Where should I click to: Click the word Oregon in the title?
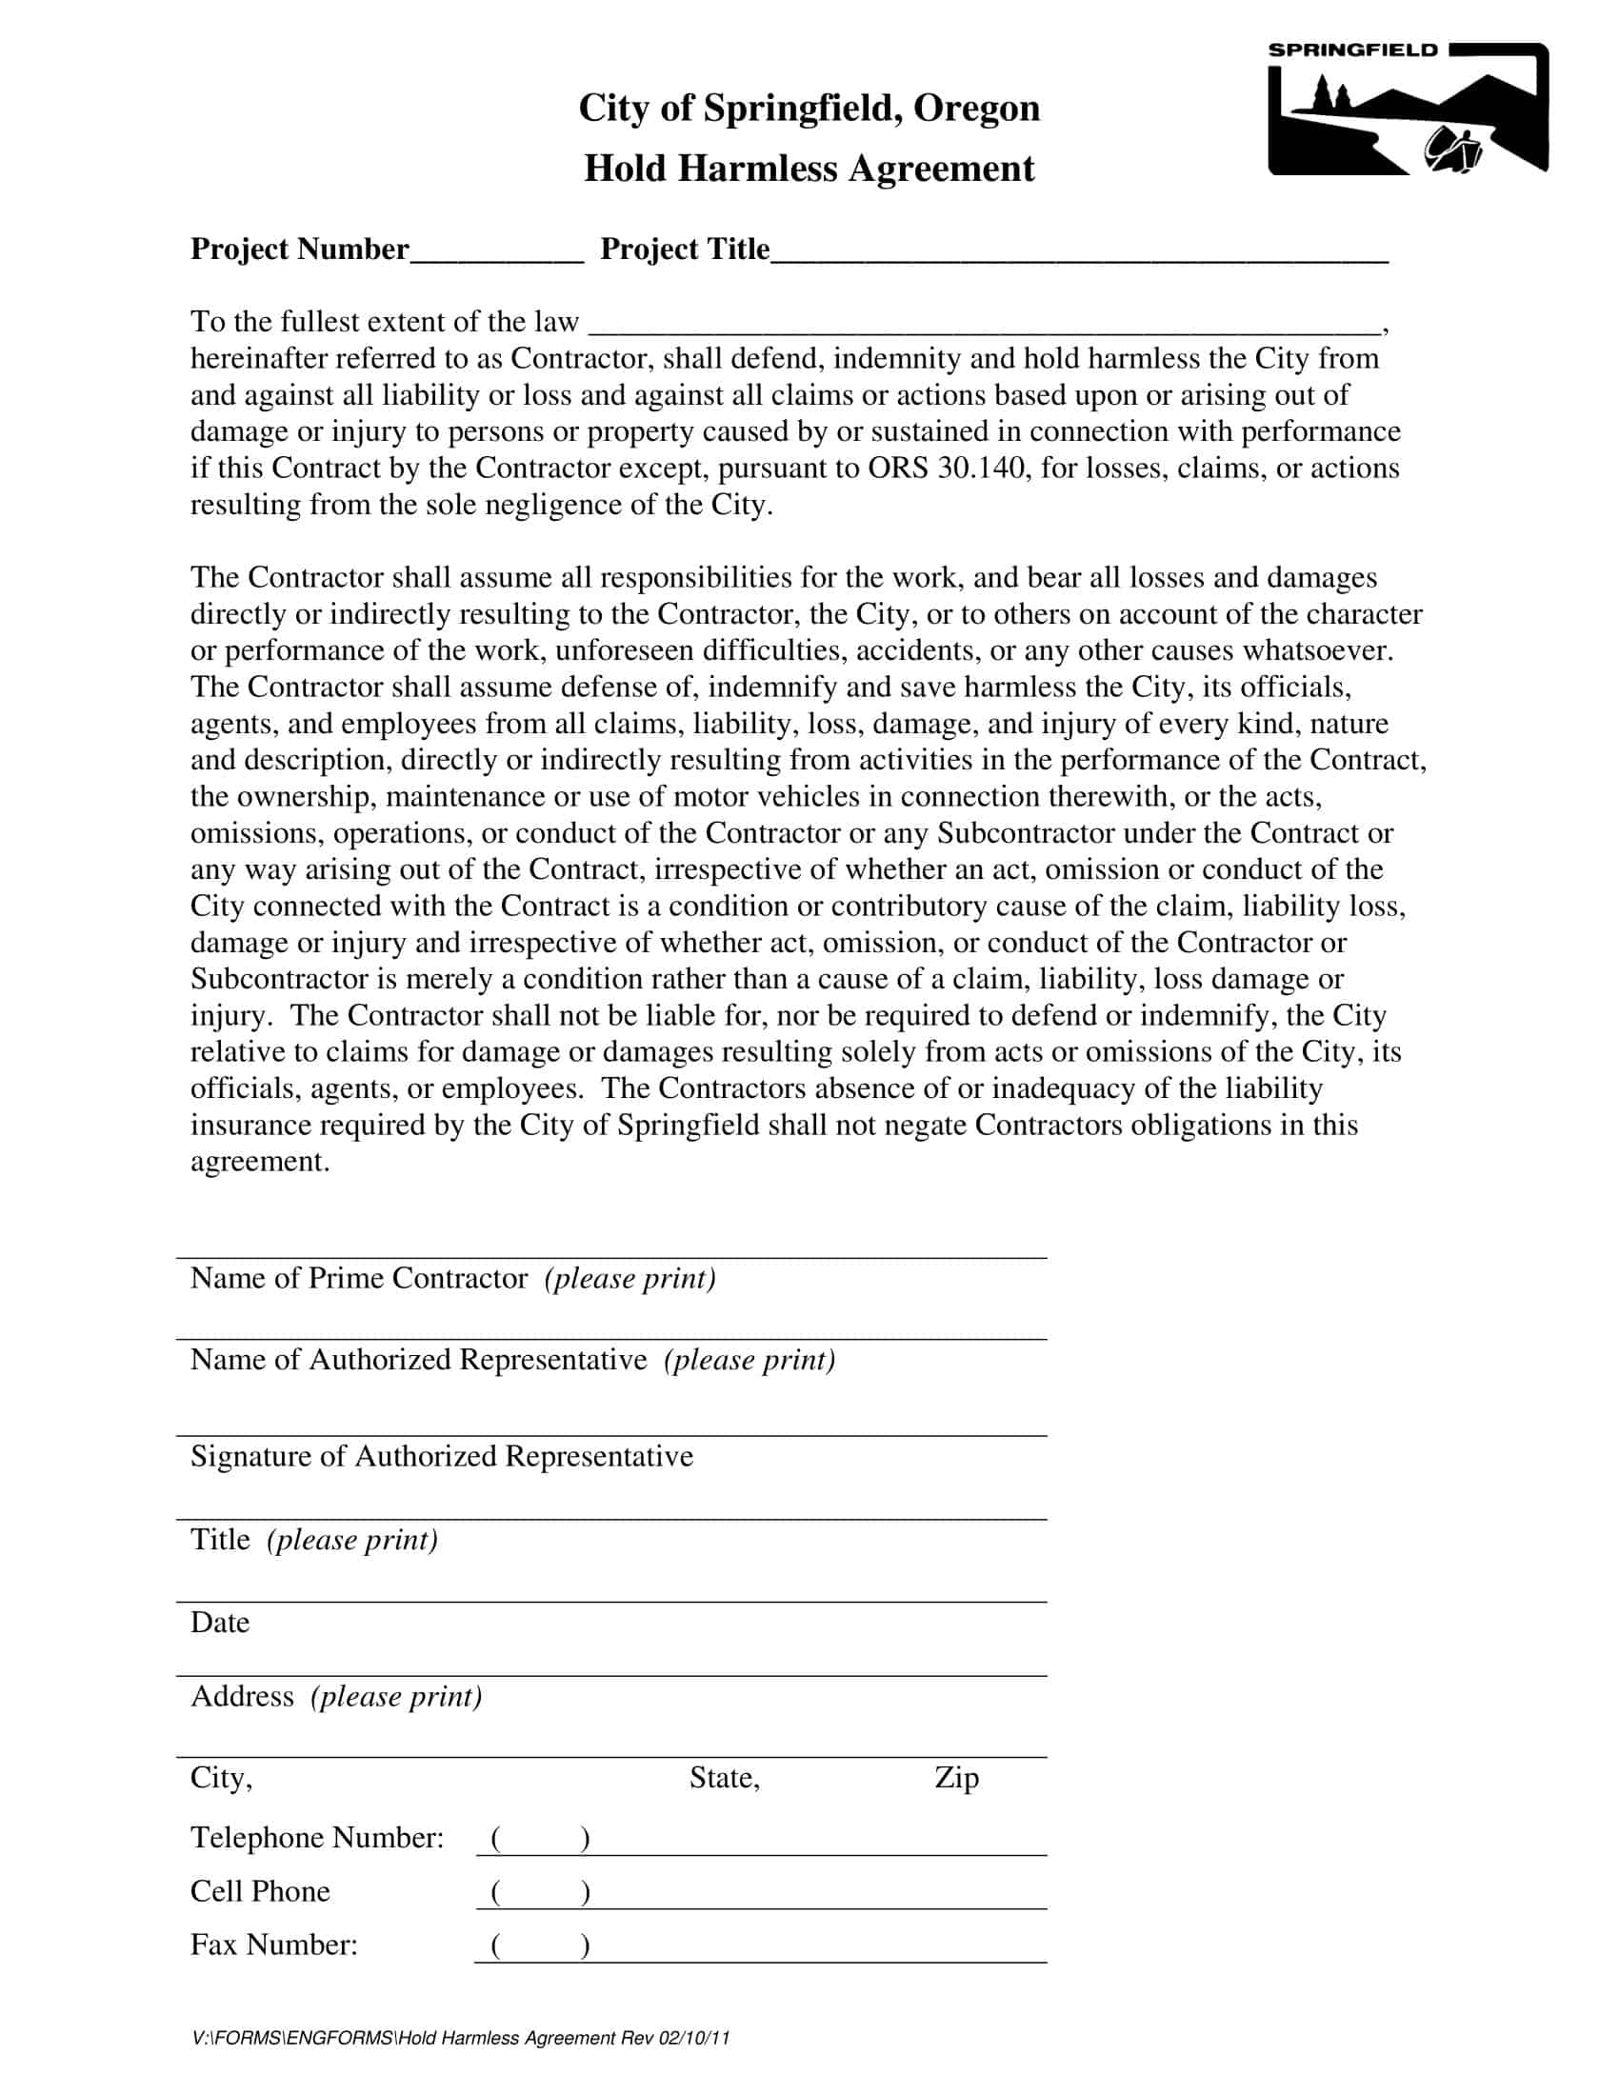click(975, 109)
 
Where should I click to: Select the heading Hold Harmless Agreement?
click(809, 169)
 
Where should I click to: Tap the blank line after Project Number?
click(496, 254)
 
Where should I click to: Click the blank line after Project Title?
click(1079, 254)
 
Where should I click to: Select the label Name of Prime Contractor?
click(359, 1279)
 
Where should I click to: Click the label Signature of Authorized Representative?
click(441, 1456)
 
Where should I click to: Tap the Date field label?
click(220, 1622)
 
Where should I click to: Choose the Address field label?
click(242, 1696)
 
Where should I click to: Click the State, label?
click(724, 1778)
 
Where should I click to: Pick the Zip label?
click(956, 1778)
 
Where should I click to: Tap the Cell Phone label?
click(260, 1890)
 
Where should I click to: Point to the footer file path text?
click(460, 2038)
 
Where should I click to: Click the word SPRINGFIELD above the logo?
click(1352, 50)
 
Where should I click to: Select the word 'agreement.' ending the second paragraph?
click(260, 1162)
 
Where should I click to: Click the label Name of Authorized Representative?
click(418, 1360)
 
